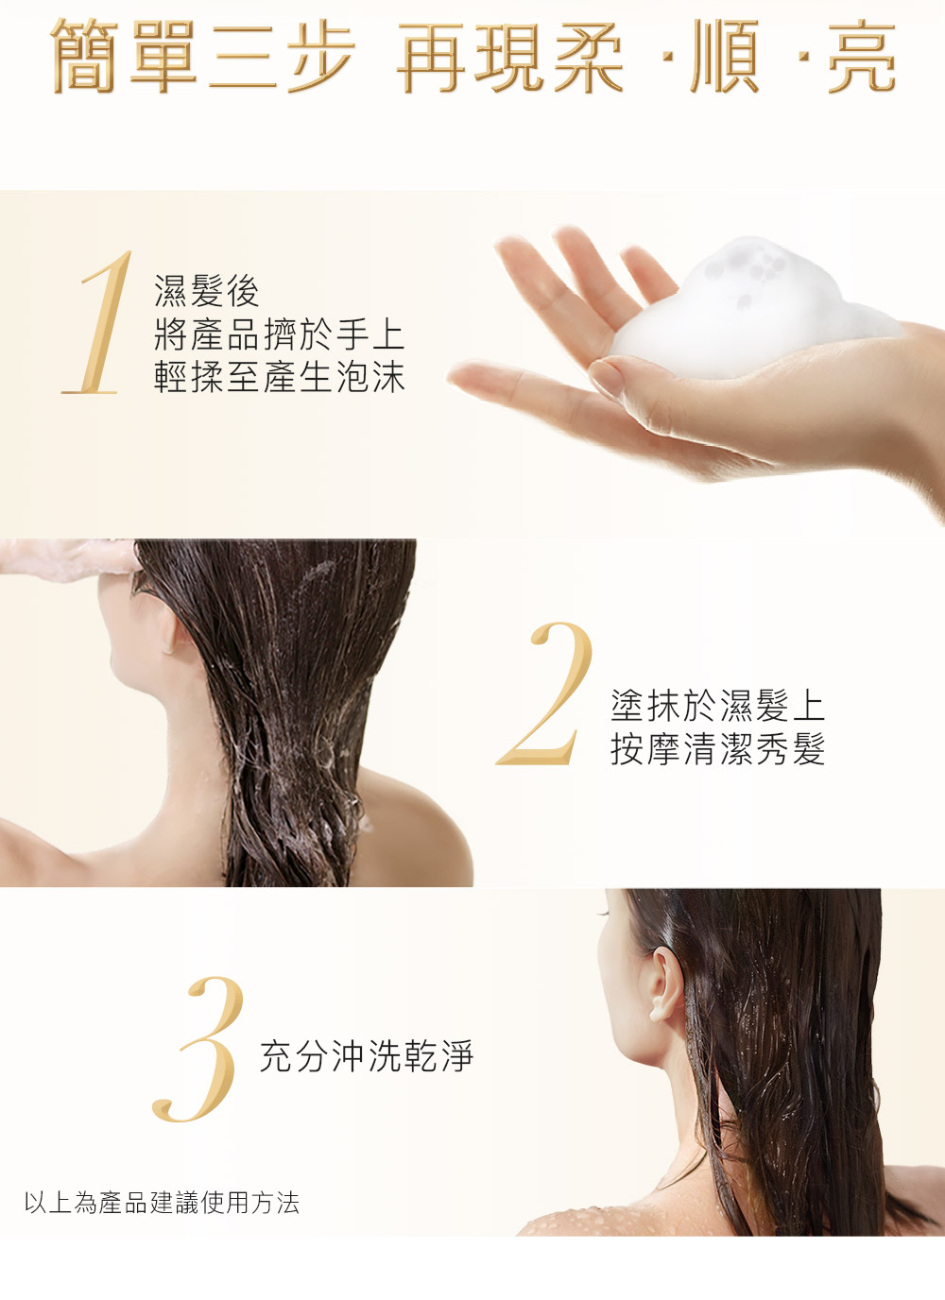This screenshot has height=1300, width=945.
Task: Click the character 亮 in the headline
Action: [x=862, y=57]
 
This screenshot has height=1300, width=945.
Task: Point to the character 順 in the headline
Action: [x=725, y=57]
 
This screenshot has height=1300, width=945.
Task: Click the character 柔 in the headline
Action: [x=588, y=57]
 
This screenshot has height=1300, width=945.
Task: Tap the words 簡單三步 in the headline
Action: [x=202, y=56]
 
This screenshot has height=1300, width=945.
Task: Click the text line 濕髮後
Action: [x=207, y=291]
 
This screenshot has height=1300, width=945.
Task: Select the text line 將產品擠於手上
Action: [x=279, y=334]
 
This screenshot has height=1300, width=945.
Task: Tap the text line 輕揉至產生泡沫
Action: [x=279, y=377]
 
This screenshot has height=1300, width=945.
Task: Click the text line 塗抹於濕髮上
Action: [x=717, y=706]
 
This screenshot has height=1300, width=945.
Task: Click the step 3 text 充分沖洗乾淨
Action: [x=367, y=1055]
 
